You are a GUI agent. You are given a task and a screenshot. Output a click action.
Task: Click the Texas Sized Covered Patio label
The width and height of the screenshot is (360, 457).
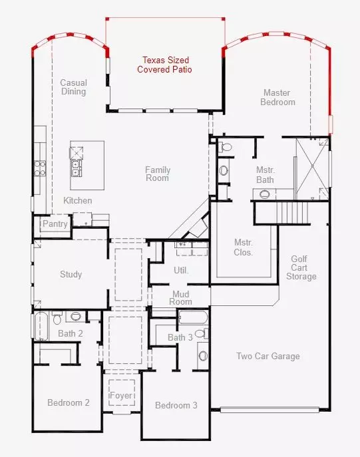[164, 64]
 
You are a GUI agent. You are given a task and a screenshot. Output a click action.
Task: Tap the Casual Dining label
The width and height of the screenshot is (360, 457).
[73, 87]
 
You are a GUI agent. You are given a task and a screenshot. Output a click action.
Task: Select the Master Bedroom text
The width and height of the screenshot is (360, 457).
[279, 97]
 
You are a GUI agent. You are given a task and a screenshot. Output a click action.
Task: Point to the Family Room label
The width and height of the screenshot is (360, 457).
[158, 174]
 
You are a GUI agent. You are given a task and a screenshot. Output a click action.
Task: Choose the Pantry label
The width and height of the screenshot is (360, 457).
[55, 224]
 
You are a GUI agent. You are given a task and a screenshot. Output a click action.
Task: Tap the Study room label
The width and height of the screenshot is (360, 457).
[71, 274]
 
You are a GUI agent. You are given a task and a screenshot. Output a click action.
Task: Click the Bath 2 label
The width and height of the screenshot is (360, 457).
[70, 333]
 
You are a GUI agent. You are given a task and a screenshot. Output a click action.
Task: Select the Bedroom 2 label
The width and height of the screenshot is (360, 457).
[68, 402]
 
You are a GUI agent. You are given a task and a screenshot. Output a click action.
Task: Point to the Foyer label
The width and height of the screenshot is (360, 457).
[121, 396]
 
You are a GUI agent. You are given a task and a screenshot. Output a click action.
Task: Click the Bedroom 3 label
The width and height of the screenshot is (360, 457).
[176, 405]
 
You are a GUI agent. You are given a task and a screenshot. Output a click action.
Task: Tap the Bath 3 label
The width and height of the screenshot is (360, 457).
[180, 337]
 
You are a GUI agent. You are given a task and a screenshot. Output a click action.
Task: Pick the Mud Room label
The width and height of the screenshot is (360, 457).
[182, 297]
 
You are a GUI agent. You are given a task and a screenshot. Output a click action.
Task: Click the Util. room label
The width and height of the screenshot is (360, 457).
[181, 270]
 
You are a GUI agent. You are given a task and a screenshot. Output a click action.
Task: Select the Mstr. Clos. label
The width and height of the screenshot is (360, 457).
[243, 247]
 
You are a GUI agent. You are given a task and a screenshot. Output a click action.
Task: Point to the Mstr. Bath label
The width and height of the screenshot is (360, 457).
[265, 174]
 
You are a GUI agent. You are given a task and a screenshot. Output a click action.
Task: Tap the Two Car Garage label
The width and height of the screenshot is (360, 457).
[268, 356]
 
